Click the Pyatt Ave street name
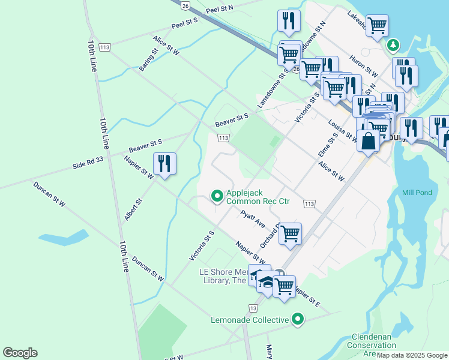(253, 218)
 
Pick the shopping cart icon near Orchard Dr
(290, 233)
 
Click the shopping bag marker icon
(368, 142)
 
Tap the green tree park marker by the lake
(393, 45)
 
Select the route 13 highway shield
(253, 308)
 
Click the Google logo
(20, 353)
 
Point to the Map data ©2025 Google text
(412, 355)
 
